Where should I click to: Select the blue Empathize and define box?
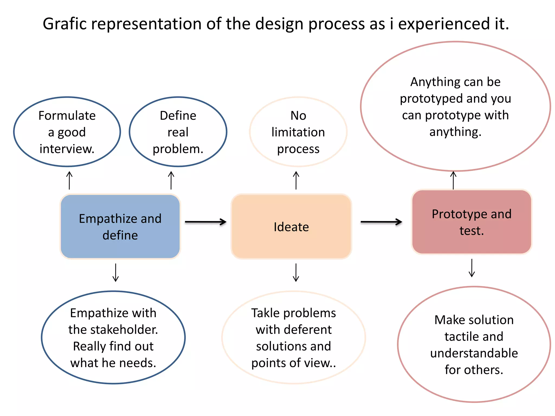[x=120, y=226]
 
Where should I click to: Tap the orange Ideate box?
[x=291, y=226]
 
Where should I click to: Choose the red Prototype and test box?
[x=472, y=222]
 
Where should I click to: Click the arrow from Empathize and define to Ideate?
[x=205, y=222]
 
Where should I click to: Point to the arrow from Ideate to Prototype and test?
[x=381, y=222]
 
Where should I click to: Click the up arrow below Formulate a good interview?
[x=69, y=180]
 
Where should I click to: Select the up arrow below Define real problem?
[x=171, y=180]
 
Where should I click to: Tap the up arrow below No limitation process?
[x=296, y=180]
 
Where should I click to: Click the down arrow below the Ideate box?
[x=296, y=272]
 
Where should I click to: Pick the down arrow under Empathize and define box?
[x=116, y=272]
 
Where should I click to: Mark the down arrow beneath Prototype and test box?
[x=472, y=268]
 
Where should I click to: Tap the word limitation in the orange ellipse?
[x=298, y=132]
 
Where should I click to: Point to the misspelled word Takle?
[x=265, y=313]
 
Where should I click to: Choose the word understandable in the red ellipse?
[x=474, y=353]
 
